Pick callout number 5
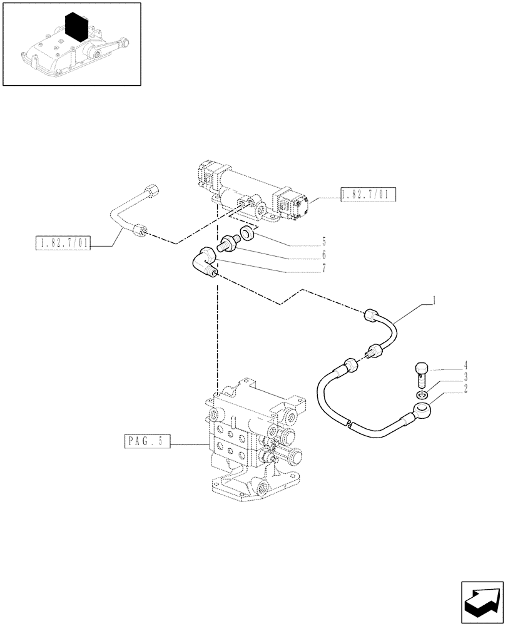[323, 241]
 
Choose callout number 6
[323, 255]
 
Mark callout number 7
[323, 271]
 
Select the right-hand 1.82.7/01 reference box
[365, 194]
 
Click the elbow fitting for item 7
[203, 262]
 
